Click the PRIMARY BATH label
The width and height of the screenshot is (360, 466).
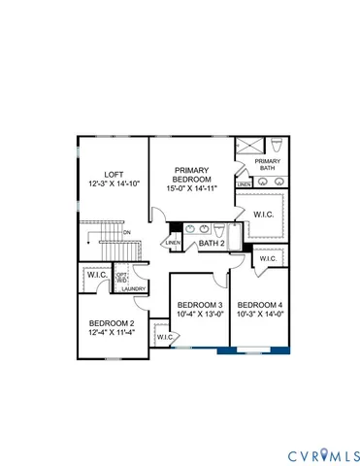pyautogui.click(x=267, y=164)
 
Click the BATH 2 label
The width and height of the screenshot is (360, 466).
pyautogui.click(x=213, y=244)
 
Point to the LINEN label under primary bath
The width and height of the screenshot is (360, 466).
pyautogui.click(x=245, y=183)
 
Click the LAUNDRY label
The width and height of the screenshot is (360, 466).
pyautogui.click(x=133, y=288)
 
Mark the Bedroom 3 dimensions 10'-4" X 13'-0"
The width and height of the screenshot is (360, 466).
pyautogui.click(x=198, y=314)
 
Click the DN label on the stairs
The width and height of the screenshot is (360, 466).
pyautogui.click(x=127, y=233)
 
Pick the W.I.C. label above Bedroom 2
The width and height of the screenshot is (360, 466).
pyautogui.click(x=97, y=275)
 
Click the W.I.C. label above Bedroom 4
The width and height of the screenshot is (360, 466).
pyautogui.click(x=268, y=258)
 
